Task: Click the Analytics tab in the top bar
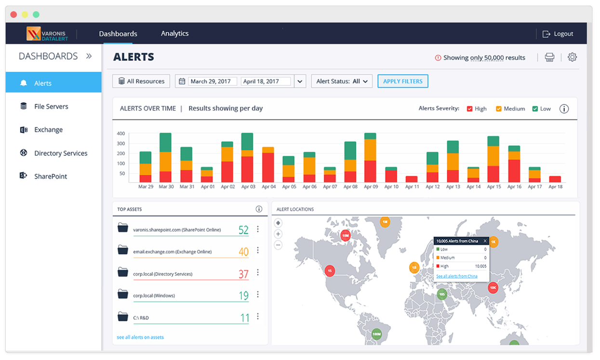point(174,33)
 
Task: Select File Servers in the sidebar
point(51,107)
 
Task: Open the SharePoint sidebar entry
point(51,176)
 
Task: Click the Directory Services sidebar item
point(61,153)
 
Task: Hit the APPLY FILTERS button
point(402,81)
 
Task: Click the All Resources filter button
point(141,81)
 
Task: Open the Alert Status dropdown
point(342,81)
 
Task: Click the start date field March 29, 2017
point(211,81)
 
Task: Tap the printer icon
point(549,57)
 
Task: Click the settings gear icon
point(572,57)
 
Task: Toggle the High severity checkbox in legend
point(470,109)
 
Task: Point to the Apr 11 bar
point(412,179)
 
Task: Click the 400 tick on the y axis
point(121,133)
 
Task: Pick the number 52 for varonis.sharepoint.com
point(243,230)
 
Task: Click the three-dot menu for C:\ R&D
point(258,316)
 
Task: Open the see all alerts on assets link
point(140,337)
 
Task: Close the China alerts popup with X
point(485,241)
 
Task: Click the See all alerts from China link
point(456,276)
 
